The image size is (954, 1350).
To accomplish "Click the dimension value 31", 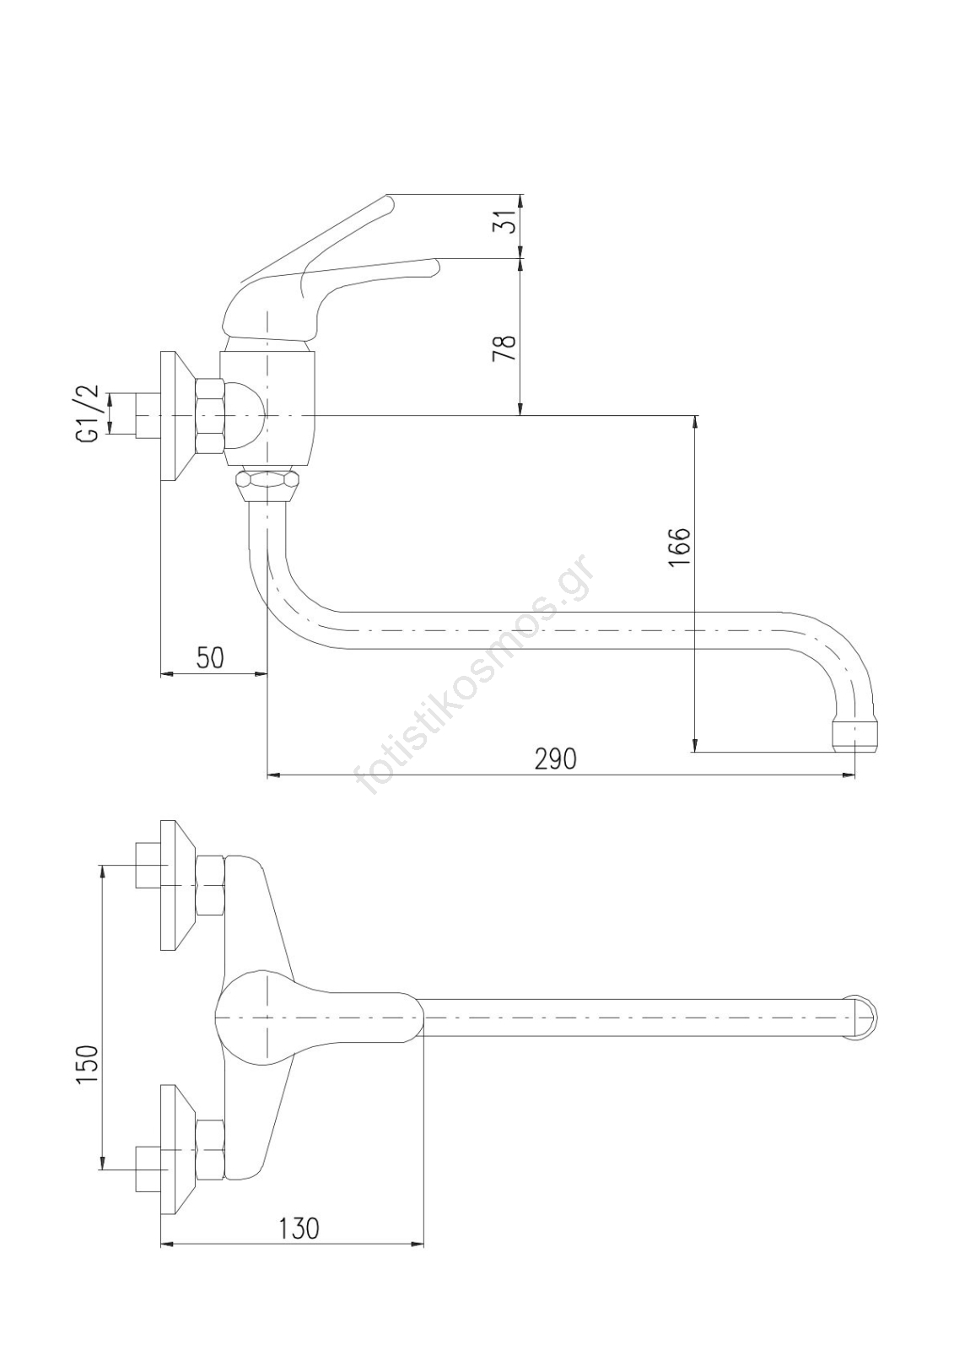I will (x=504, y=223).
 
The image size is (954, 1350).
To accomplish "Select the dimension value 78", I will (x=504, y=347).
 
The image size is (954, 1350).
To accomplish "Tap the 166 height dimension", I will (x=680, y=548).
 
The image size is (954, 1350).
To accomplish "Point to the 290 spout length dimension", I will (x=556, y=759).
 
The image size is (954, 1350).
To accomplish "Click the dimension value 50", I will (x=211, y=657).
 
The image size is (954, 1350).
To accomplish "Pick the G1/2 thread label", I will (x=88, y=413).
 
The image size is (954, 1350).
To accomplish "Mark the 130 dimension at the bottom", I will (x=299, y=1228).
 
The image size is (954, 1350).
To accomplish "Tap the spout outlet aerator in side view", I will (x=855, y=736).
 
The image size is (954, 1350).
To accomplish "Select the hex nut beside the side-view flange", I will (x=209, y=417).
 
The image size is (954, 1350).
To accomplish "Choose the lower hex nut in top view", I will (x=210, y=1149).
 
